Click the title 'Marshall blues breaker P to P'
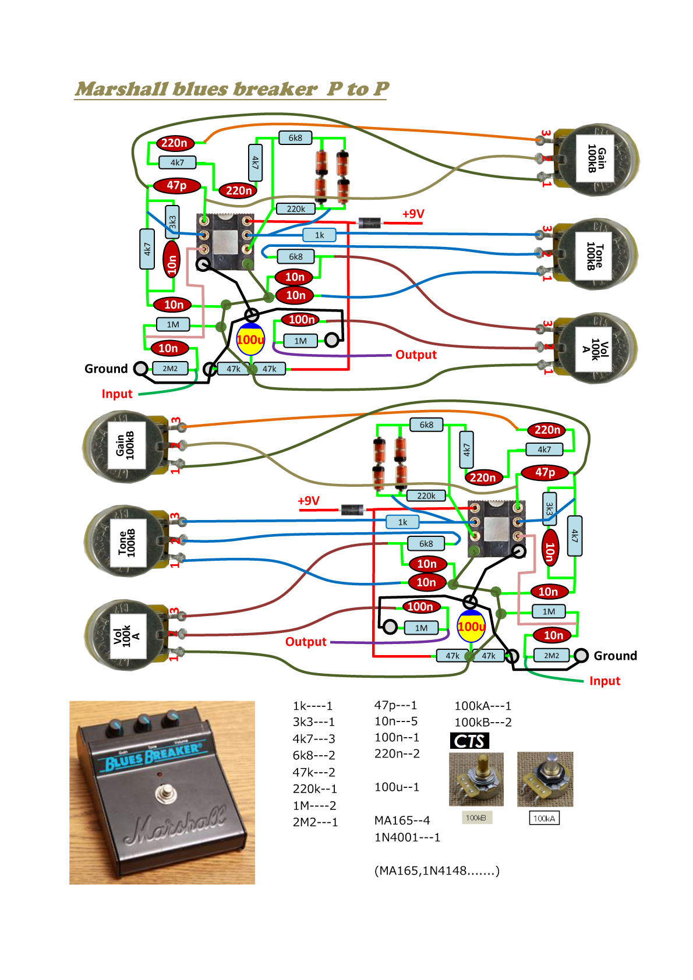point(231,89)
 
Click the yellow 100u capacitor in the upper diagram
point(250,340)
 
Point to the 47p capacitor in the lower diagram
point(544,472)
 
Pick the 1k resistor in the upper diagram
point(320,235)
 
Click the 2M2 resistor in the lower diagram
point(551,656)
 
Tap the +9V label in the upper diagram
point(413,214)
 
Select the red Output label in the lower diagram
point(306,642)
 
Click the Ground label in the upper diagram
point(106,369)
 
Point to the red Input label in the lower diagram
point(604,681)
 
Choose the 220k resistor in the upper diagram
point(296,209)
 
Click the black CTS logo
point(469,741)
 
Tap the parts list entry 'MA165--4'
point(402,820)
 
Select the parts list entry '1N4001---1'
point(407,837)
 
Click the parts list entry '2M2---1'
point(315,822)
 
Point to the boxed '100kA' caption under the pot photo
point(544,818)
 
